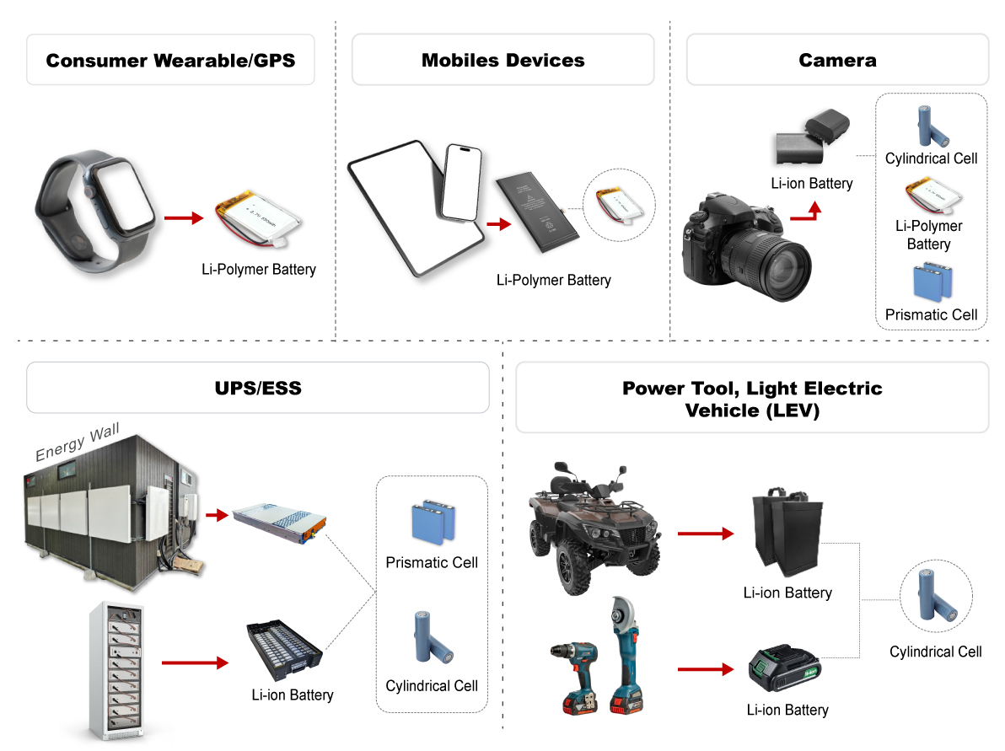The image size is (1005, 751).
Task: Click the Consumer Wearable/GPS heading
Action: [170, 60]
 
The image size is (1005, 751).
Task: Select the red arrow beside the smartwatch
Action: [183, 218]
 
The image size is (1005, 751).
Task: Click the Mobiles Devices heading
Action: [502, 60]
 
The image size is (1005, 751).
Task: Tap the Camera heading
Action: [837, 60]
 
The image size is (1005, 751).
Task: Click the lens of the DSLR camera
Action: [761, 253]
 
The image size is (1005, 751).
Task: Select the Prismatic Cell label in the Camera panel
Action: [931, 314]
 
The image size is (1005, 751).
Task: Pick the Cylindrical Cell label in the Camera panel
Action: [931, 158]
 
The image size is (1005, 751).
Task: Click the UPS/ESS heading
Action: [257, 388]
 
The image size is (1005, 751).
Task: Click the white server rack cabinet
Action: [116, 670]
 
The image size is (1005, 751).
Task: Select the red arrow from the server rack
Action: [194, 662]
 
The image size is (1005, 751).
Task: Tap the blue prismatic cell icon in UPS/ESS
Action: [433, 522]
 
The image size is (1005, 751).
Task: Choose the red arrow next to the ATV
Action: [705, 534]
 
